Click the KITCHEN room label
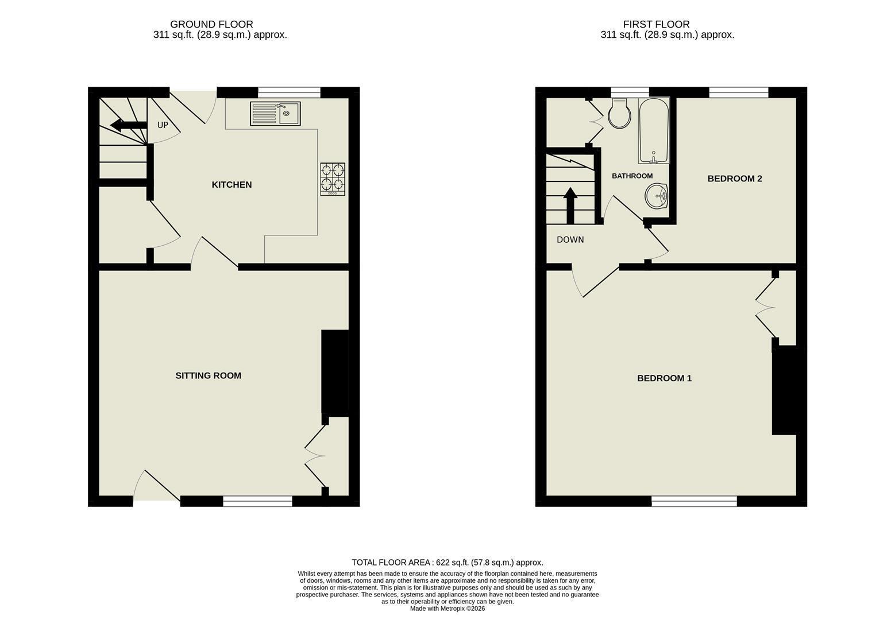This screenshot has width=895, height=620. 232,185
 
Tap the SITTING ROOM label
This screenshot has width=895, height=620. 208,375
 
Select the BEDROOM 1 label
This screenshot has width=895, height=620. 665,378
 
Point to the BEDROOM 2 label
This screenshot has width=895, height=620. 735,179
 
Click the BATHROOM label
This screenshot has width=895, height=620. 632,176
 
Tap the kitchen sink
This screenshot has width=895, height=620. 275,114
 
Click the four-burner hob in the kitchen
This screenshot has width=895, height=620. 333,179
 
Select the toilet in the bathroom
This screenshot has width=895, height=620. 619,114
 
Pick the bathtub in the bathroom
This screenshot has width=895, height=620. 654,130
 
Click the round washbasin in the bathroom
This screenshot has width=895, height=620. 656,196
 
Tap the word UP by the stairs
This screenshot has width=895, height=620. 163,125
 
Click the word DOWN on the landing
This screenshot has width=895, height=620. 570,239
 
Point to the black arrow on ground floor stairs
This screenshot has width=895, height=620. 129,125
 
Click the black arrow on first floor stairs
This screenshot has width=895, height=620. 570,205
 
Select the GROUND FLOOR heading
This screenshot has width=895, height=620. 211,24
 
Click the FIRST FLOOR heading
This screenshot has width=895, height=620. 656,24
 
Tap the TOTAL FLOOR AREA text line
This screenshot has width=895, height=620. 447,563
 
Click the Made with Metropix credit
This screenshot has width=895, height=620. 447,609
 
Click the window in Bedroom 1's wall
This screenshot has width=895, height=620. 695,501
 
